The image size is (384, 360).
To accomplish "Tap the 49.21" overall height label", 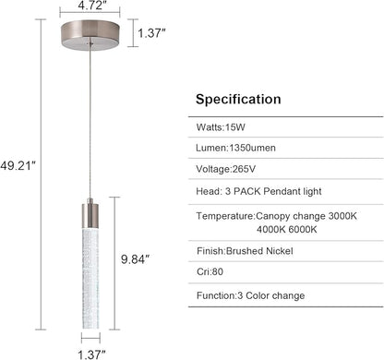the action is point(18,166).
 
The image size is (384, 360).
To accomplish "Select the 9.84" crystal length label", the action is point(135,259).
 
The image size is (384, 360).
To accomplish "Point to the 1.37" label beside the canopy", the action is point(151,33).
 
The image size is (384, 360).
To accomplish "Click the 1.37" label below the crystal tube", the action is point(91,354).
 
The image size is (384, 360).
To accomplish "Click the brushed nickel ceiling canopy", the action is point(90,35).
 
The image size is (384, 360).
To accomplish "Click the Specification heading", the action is point(238,100).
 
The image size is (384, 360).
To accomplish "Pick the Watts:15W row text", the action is point(221,127).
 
